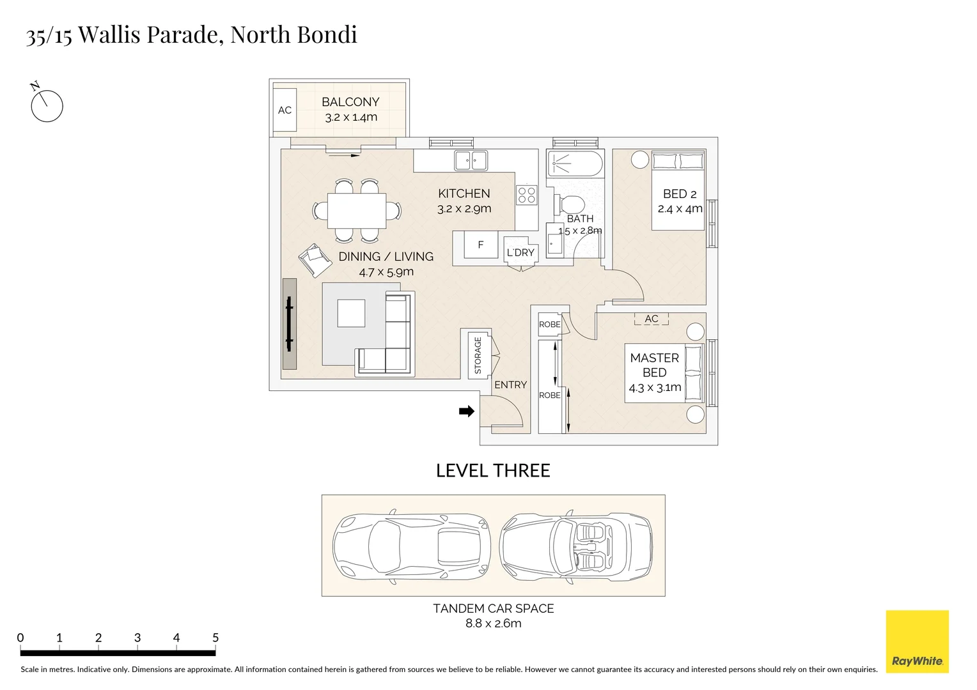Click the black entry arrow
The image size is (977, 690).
pyautogui.click(x=467, y=411)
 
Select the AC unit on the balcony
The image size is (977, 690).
pyautogui.click(x=285, y=111)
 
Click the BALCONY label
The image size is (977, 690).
pyautogui.click(x=350, y=102)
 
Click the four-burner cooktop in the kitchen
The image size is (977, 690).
pyautogui.click(x=527, y=195)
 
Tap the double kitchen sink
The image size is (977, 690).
pyautogui.click(x=471, y=160)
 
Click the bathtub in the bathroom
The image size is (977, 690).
pyautogui.click(x=574, y=164)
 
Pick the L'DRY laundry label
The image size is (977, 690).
pyautogui.click(x=520, y=252)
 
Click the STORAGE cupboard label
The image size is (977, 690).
pyautogui.click(x=478, y=356)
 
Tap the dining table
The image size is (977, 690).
pyautogui.click(x=357, y=211)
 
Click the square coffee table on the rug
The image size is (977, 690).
pyautogui.click(x=352, y=313)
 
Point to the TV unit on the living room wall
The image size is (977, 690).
pyautogui.click(x=290, y=324)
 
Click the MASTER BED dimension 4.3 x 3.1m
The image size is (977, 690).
pyautogui.click(x=655, y=388)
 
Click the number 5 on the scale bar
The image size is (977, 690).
pyautogui.click(x=215, y=638)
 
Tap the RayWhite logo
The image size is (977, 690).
pyautogui.click(x=917, y=641)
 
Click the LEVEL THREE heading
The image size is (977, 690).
pyautogui.click(x=492, y=471)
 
